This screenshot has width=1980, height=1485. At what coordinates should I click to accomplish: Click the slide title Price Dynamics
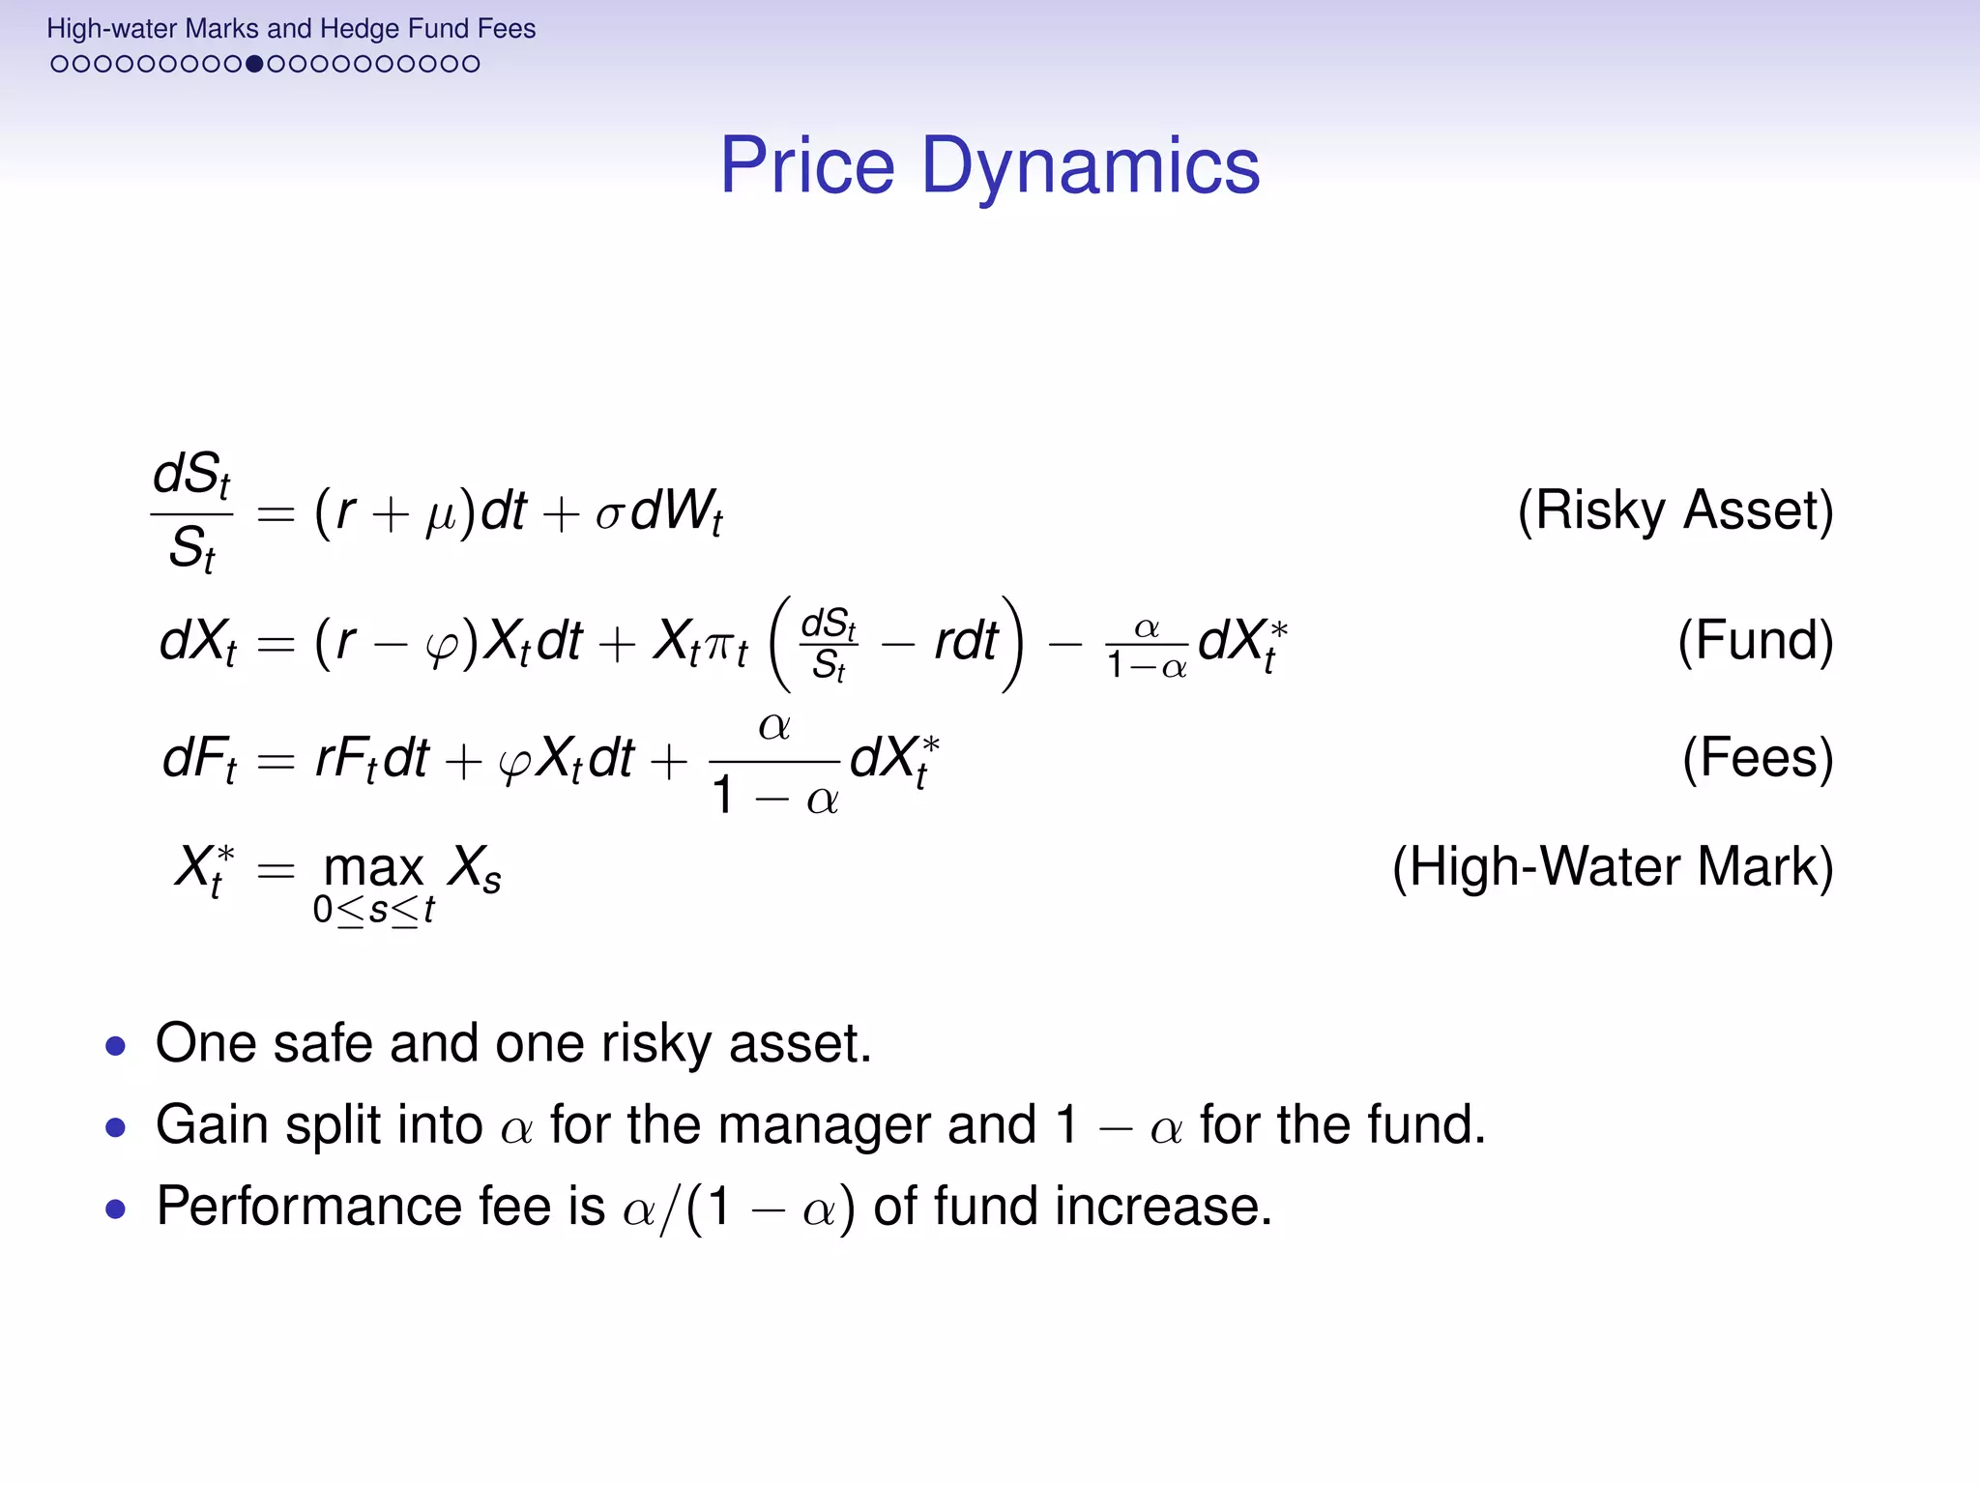pyautogui.click(x=990, y=166)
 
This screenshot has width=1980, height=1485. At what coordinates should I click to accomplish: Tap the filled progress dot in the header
pyautogui.click(x=254, y=65)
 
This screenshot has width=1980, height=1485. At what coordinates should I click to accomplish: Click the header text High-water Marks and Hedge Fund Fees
pyautogui.click(x=290, y=29)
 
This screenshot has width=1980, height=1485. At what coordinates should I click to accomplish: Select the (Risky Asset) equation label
pyautogui.click(x=1674, y=510)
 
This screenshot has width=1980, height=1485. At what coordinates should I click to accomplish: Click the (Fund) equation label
pyautogui.click(x=1755, y=640)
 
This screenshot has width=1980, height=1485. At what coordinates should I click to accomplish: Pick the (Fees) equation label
pyautogui.click(x=1757, y=758)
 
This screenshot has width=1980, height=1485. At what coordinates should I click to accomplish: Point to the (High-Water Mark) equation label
pyautogui.click(x=1612, y=866)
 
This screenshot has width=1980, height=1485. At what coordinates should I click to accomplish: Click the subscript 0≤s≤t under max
pyautogui.click(x=373, y=911)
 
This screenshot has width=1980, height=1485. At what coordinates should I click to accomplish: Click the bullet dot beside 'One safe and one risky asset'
pyautogui.click(x=116, y=1046)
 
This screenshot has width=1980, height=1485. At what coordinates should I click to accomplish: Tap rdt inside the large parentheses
pyautogui.click(x=964, y=642)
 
